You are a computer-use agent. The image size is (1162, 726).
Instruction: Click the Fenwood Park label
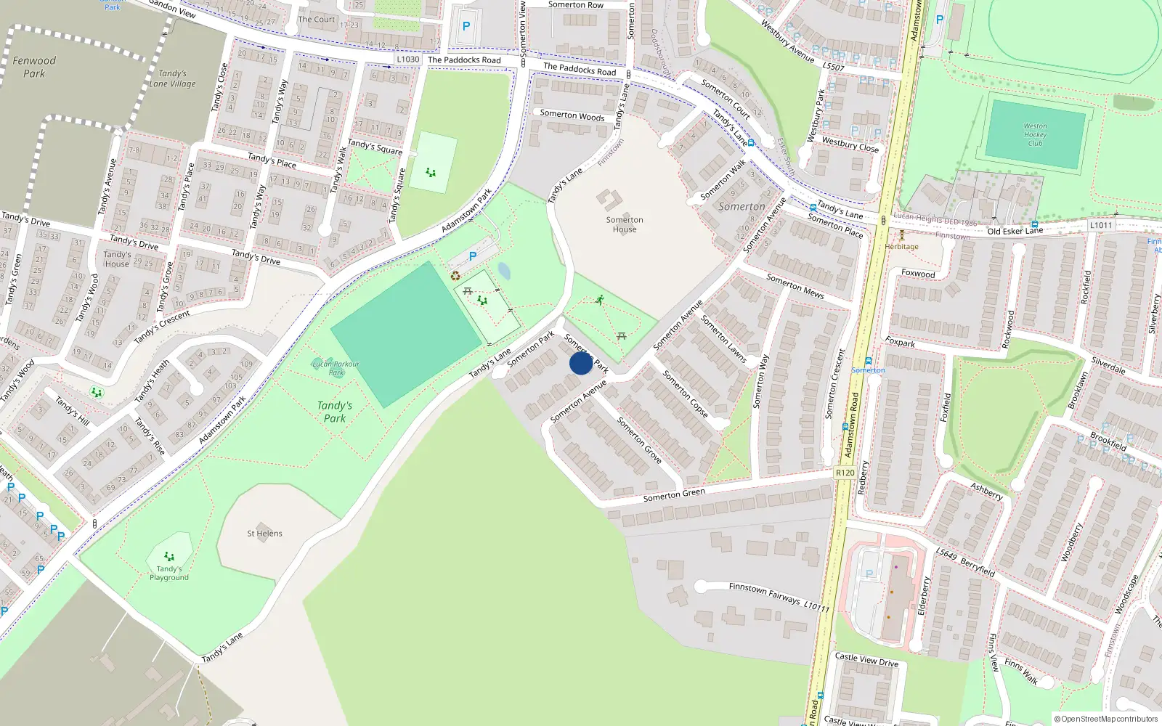pyautogui.click(x=34, y=67)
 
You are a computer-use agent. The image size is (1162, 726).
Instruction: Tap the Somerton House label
pyautogui.click(x=625, y=224)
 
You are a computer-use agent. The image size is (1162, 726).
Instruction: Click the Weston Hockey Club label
pyautogui.click(x=1035, y=135)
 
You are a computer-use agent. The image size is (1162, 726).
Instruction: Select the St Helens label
pyautogui.click(x=264, y=534)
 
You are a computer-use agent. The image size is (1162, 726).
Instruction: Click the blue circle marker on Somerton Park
pyautogui.click(x=581, y=363)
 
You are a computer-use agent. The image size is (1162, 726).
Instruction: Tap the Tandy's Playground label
pyautogui.click(x=169, y=573)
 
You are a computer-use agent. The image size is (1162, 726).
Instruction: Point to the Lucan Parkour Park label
pyautogui.click(x=336, y=368)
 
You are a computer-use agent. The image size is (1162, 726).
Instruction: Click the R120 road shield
pyautogui.click(x=845, y=473)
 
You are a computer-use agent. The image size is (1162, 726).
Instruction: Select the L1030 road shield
pyautogui.click(x=408, y=60)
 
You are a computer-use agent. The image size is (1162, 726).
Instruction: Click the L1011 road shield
pyautogui.click(x=1100, y=225)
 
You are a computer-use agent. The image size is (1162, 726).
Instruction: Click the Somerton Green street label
pyautogui.click(x=674, y=495)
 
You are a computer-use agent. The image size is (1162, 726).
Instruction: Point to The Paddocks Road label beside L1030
pyautogui.click(x=464, y=60)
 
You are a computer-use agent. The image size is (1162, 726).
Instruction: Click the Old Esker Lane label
pyautogui.click(x=1015, y=231)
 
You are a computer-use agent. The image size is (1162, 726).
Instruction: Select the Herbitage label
pyautogui.click(x=902, y=247)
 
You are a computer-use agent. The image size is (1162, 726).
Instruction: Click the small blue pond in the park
pyautogui.click(x=504, y=272)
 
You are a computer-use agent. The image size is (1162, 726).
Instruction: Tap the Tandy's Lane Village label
pyautogui.click(x=173, y=78)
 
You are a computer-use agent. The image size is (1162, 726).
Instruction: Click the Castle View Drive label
pyautogui.click(x=866, y=660)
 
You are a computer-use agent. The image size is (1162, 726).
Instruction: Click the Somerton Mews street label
pyautogui.click(x=795, y=285)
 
